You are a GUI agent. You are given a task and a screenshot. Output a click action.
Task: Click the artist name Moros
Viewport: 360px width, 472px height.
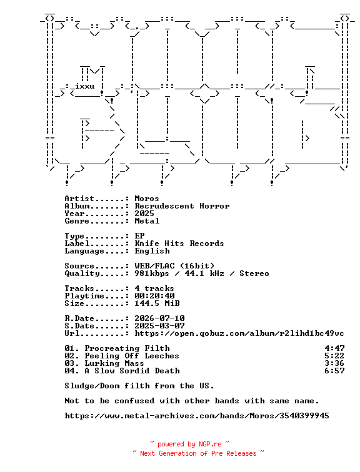point(147,199)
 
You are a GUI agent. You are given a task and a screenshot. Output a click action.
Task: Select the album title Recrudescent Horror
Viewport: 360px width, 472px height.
point(182,206)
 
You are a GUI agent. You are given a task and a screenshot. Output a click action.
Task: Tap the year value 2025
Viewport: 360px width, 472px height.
point(144,214)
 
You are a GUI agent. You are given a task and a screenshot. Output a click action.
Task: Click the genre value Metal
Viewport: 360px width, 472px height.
point(147,221)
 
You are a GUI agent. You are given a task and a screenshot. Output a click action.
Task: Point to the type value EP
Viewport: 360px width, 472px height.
point(139,236)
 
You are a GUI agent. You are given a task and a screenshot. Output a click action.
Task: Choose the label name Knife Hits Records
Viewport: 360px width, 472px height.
point(179,243)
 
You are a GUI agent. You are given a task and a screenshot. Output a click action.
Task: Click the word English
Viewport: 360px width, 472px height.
point(152,251)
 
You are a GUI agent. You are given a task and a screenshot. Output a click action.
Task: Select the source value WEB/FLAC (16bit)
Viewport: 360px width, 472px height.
point(174,266)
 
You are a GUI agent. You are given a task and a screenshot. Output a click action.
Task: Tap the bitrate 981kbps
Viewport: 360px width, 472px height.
point(152,273)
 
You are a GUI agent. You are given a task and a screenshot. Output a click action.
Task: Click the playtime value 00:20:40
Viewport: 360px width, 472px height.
point(154,295)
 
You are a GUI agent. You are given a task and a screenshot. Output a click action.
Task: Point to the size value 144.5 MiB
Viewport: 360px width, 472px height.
point(157,303)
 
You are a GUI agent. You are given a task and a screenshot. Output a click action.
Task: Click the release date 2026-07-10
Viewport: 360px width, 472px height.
point(159,318)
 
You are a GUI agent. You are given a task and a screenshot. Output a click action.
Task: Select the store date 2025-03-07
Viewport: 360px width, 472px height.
point(159,326)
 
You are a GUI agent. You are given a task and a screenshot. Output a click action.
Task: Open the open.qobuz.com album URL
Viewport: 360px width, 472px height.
point(239,333)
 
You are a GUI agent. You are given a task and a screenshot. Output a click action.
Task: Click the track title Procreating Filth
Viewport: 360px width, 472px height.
point(127,348)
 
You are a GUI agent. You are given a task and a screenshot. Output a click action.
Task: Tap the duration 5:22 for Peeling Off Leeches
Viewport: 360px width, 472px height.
point(334,355)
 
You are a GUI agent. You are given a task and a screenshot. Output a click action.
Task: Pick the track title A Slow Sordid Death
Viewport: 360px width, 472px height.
point(132,371)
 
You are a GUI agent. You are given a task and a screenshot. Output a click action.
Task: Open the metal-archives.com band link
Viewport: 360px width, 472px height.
point(197,416)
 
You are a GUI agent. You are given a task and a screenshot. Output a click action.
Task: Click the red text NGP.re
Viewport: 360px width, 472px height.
point(210,444)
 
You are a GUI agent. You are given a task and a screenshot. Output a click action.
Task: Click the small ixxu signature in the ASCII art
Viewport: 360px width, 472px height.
point(84,86)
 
